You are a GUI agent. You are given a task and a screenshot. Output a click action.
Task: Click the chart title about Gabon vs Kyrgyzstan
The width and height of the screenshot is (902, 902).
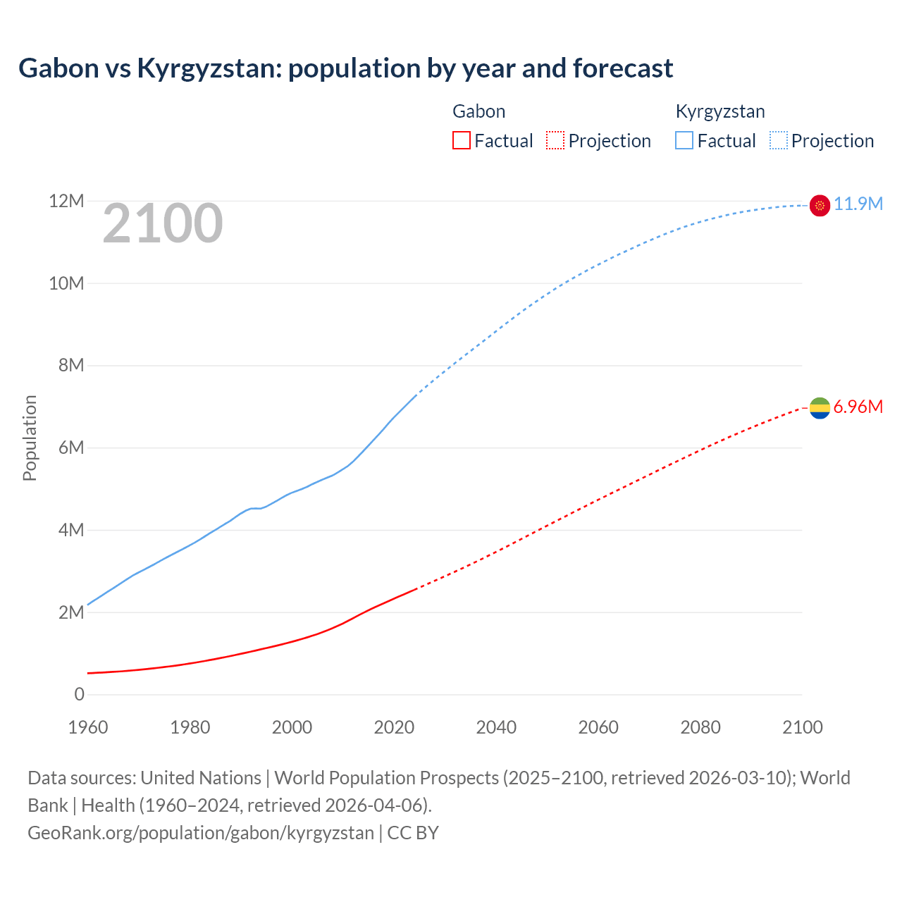click(345, 68)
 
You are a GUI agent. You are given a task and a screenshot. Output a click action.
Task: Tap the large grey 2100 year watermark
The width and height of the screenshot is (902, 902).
click(163, 223)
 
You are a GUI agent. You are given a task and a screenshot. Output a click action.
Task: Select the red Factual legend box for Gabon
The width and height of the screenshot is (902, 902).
click(461, 140)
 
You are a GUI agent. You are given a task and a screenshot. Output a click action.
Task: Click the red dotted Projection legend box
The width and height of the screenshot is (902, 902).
click(555, 140)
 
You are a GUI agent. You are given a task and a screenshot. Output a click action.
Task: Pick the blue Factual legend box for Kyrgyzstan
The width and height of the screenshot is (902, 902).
click(684, 140)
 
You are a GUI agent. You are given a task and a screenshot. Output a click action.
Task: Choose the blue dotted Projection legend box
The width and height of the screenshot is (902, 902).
click(779, 140)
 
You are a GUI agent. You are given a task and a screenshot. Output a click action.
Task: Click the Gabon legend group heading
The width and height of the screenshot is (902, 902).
click(478, 111)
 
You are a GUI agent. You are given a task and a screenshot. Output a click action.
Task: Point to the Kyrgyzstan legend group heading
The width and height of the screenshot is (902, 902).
click(719, 111)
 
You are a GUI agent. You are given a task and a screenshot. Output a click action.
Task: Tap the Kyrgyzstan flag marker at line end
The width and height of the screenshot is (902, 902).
click(820, 205)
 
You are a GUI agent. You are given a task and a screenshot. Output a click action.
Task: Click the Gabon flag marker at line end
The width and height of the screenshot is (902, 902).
click(820, 407)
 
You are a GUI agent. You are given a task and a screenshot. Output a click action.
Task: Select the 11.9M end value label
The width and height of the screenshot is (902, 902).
click(858, 204)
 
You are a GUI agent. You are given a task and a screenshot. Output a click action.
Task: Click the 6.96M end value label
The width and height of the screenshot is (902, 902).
click(858, 407)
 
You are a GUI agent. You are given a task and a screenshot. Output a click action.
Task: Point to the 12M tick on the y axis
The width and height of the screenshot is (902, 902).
click(66, 202)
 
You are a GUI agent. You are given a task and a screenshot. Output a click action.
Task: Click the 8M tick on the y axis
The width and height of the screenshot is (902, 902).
click(70, 365)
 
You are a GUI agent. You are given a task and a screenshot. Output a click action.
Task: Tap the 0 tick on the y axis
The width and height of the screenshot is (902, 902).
click(79, 694)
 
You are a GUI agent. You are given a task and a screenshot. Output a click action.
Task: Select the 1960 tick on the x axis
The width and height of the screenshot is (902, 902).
click(88, 727)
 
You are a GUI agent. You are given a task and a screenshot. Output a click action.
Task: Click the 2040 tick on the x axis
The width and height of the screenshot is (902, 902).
click(496, 727)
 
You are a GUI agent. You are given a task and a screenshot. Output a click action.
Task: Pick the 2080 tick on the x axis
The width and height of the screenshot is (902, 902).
click(700, 727)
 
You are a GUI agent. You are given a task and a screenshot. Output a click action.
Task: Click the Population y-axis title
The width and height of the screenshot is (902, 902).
click(30, 438)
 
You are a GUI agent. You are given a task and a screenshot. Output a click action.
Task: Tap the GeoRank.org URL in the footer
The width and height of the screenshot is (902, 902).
click(201, 832)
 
